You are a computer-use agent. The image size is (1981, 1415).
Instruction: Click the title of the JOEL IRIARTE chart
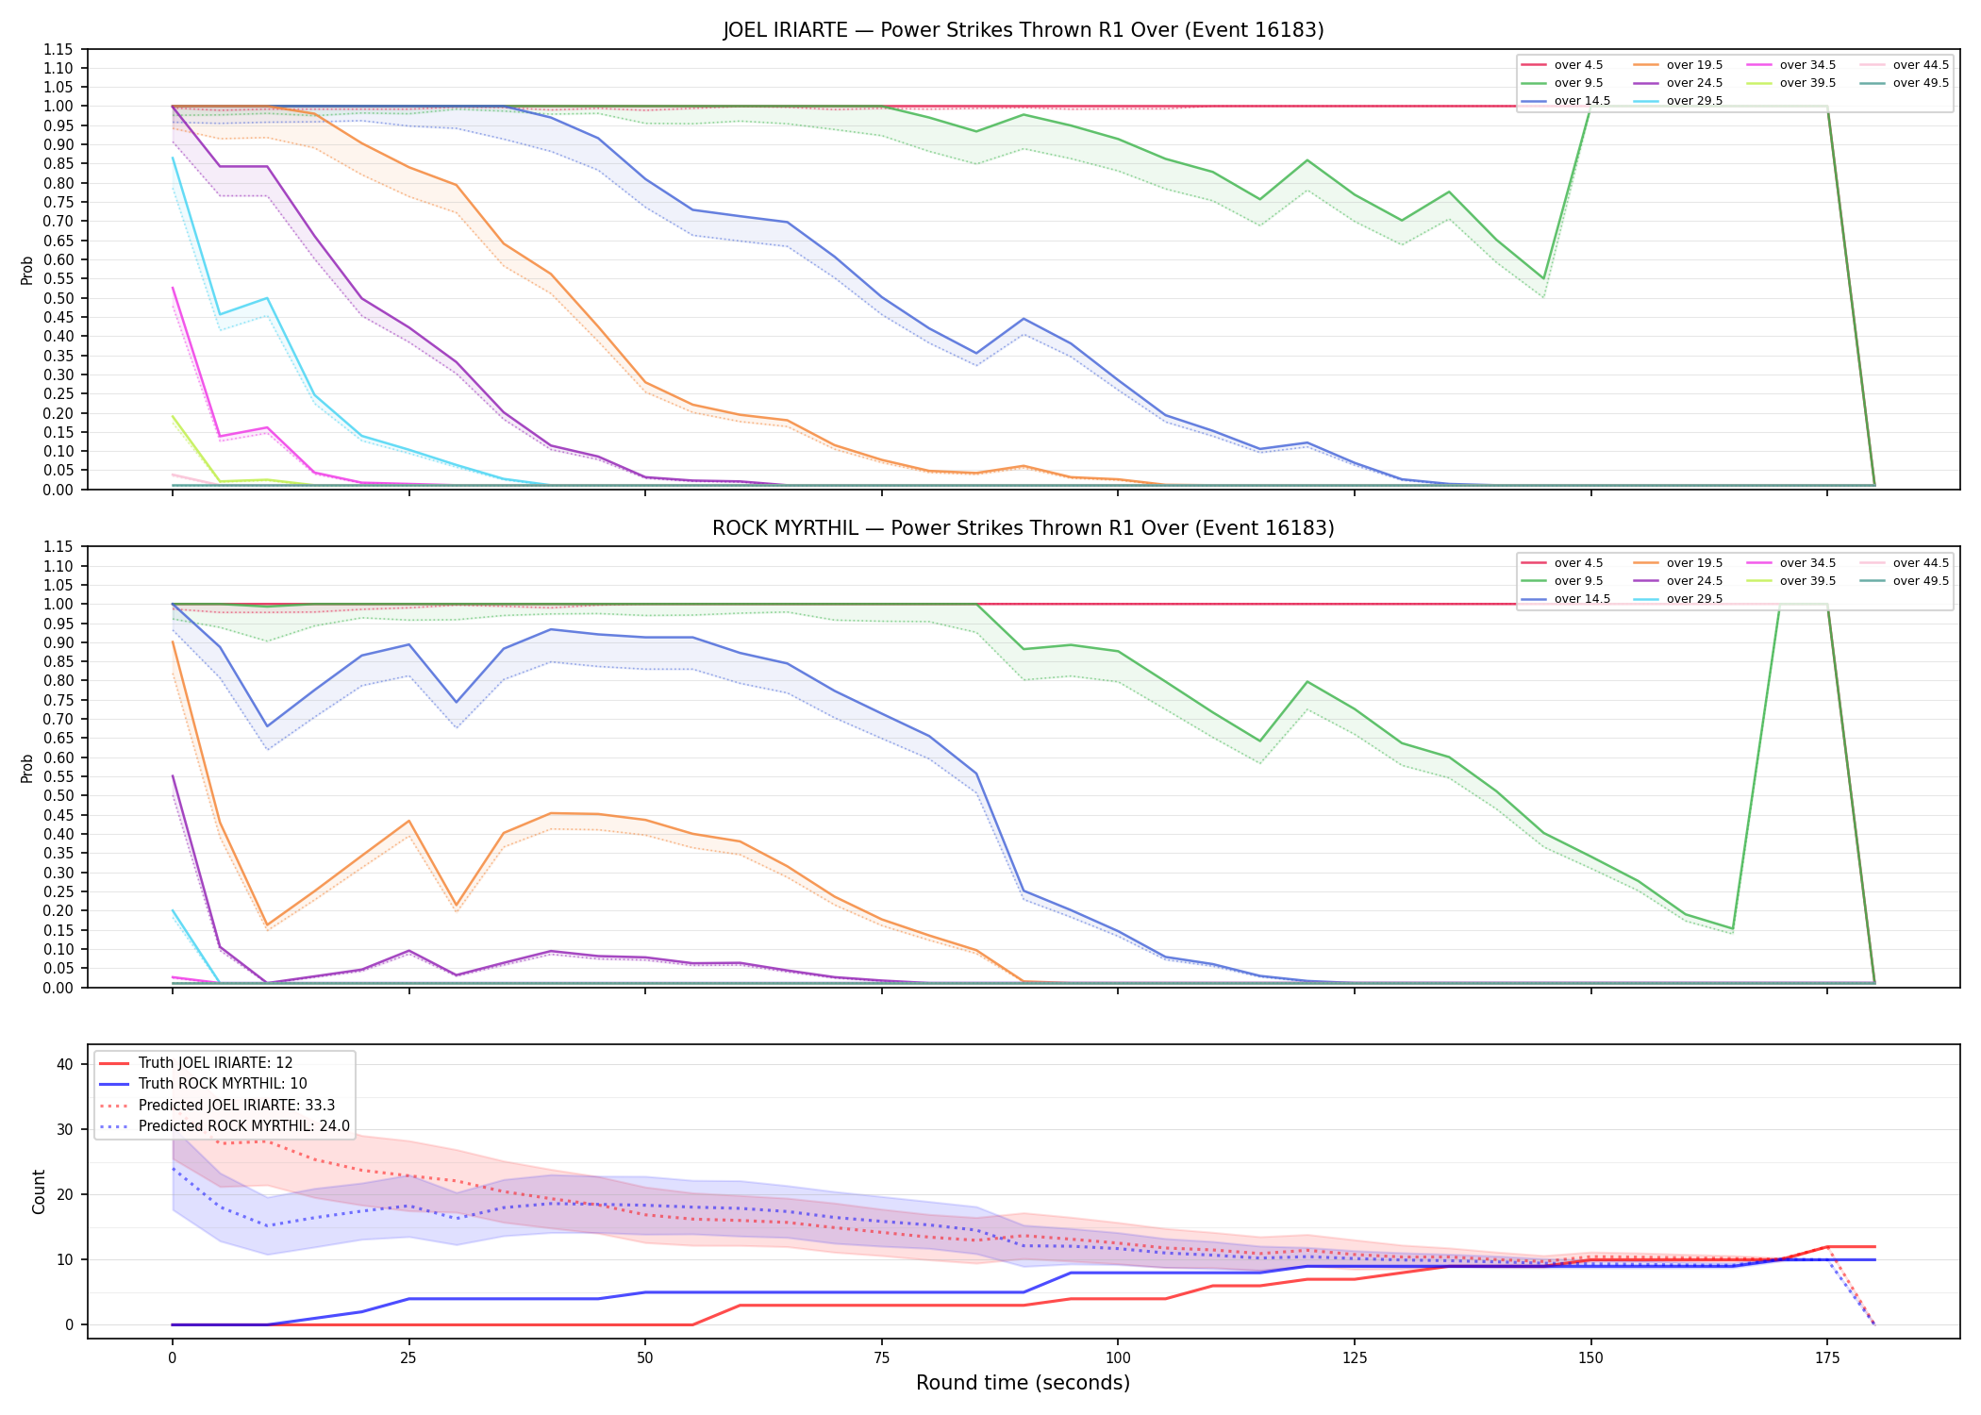click(1024, 30)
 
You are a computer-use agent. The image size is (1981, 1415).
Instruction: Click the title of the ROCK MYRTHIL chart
click(1024, 528)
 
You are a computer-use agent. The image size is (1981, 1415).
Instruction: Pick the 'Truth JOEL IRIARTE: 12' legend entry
click(196, 1063)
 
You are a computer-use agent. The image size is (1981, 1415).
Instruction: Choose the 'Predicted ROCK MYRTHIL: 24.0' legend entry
click(225, 1126)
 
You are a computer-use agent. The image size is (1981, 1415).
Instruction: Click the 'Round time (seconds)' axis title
click(1024, 1383)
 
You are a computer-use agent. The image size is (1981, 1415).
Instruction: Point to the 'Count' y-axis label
click(39, 1191)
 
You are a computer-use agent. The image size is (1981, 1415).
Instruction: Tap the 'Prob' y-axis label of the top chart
click(27, 270)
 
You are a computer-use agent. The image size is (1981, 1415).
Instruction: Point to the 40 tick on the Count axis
click(65, 1064)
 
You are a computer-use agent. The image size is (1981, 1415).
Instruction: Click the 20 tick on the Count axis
click(65, 1194)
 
